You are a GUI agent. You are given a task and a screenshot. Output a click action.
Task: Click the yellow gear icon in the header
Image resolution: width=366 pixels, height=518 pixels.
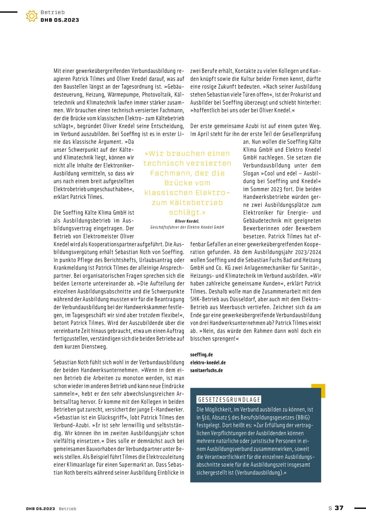32,16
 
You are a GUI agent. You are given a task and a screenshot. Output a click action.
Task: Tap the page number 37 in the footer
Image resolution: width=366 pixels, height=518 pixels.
339,508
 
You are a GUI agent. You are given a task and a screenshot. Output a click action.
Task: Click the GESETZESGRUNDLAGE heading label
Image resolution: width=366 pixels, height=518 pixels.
229,400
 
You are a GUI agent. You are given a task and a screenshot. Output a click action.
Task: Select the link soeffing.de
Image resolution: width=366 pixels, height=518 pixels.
201,355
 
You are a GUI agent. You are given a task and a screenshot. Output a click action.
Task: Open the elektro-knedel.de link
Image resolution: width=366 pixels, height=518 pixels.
208,362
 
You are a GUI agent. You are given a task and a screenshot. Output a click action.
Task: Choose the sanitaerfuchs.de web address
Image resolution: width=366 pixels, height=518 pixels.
206,370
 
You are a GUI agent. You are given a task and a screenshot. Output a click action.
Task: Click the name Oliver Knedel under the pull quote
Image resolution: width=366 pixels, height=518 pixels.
187,221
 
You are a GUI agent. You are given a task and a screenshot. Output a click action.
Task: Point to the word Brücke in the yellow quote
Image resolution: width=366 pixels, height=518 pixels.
187,183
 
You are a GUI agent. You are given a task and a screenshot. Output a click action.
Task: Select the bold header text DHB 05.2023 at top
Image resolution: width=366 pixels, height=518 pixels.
60,20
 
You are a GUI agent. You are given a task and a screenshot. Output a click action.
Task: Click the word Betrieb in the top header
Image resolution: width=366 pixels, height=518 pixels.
52,12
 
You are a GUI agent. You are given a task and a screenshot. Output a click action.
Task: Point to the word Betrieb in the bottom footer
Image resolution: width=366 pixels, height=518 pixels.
67,509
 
